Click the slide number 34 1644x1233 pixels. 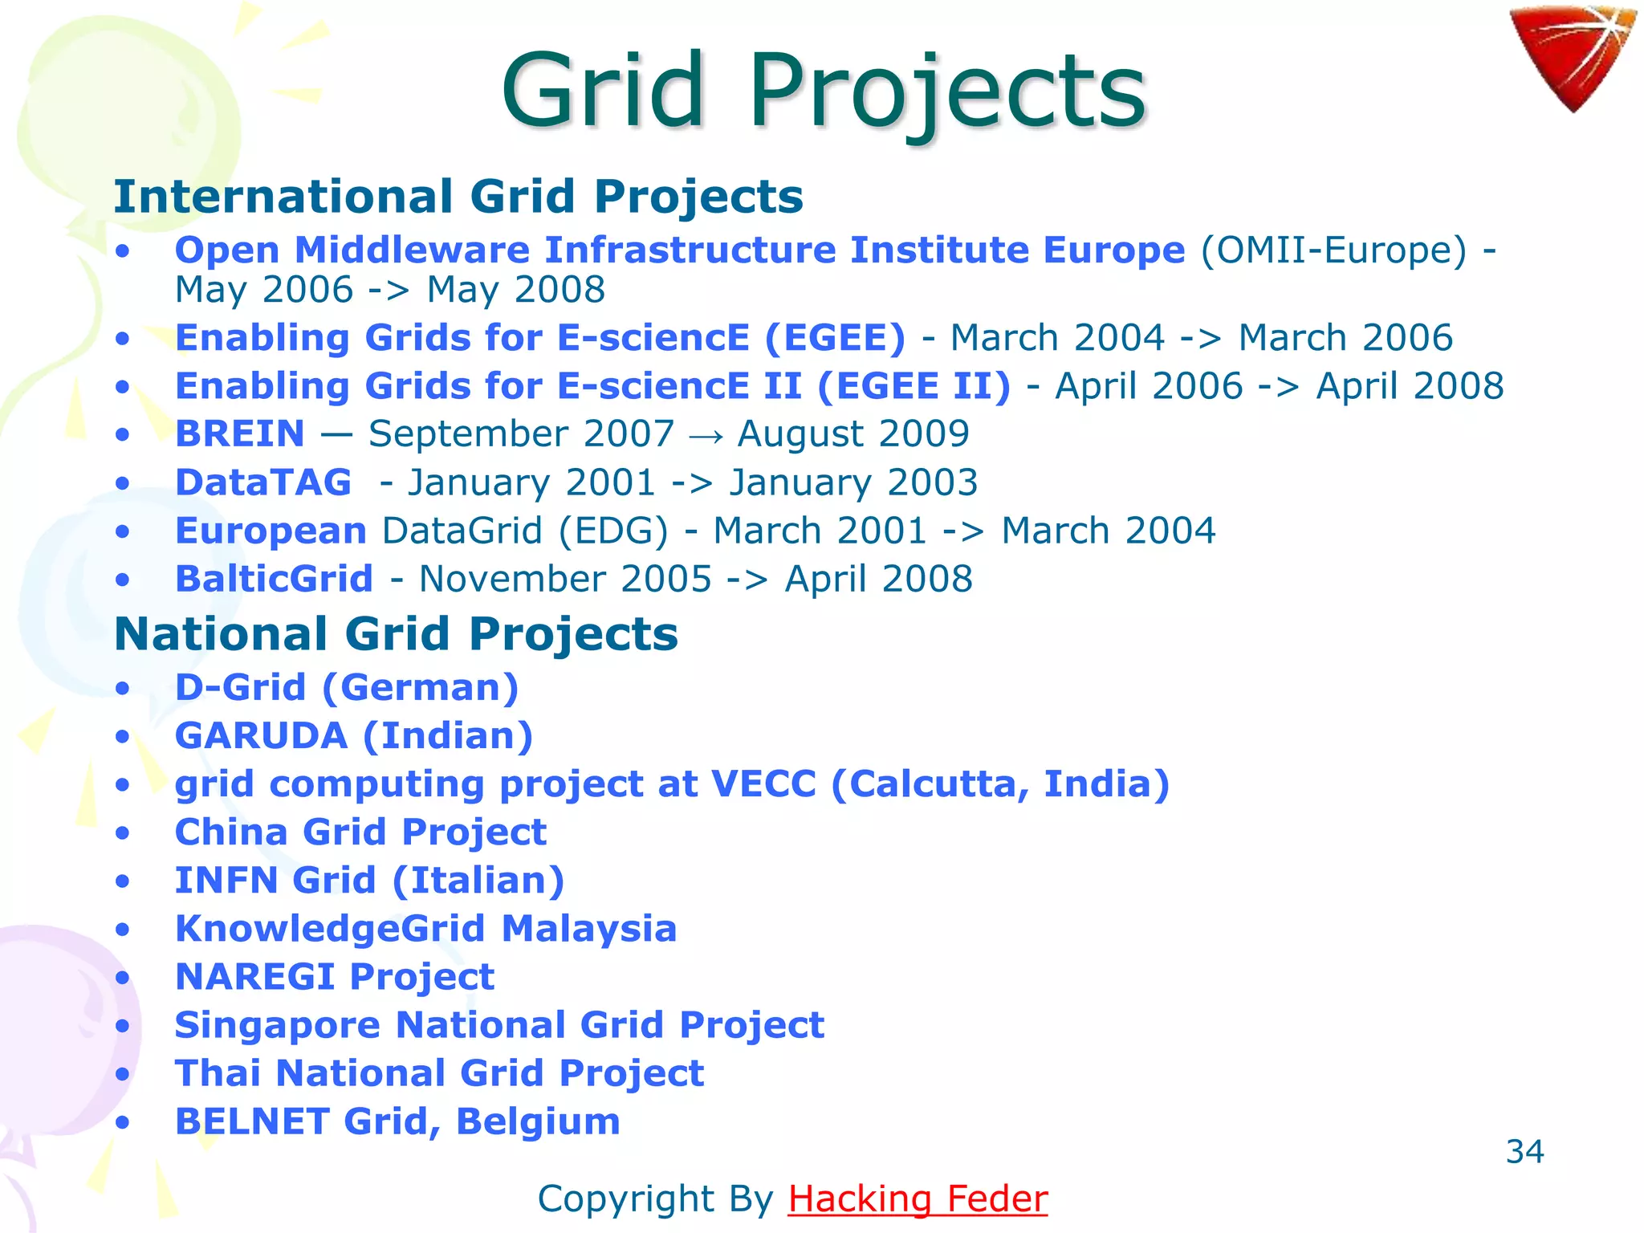(x=1524, y=1152)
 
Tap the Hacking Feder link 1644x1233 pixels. (x=918, y=1198)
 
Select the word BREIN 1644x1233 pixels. (x=240, y=434)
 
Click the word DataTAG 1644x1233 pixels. (x=263, y=482)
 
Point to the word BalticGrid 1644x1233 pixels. (x=274, y=579)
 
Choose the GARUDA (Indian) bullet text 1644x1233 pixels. (x=354, y=735)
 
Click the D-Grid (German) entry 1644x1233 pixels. (x=347, y=687)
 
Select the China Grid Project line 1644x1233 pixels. (x=360, y=832)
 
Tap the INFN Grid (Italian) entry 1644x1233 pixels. (x=369, y=880)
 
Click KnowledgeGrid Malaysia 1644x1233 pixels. (x=425, y=929)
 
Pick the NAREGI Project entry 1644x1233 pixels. (x=334, y=977)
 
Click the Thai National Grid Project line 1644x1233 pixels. (x=439, y=1073)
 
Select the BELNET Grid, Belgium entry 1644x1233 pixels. (x=397, y=1121)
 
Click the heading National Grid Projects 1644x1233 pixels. (x=397, y=634)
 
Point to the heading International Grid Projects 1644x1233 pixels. (x=458, y=197)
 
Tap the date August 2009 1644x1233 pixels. (x=853, y=434)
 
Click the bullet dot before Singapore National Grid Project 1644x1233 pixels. (x=122, y=1026)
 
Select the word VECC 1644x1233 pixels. (x=763, y=783)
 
